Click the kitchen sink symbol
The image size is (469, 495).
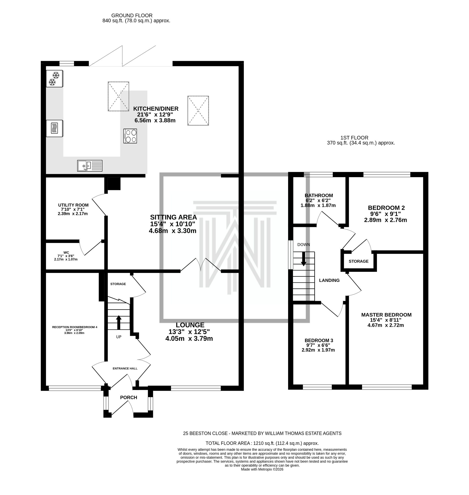click(90, 166)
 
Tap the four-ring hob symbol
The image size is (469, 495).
click(130, 136)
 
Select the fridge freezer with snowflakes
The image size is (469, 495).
click(54, 79)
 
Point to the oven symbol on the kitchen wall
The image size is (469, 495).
click(54, 128)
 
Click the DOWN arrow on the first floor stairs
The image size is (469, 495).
click(303, 258)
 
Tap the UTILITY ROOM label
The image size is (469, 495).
click(73, 205)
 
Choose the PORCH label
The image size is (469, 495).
click(128, 397)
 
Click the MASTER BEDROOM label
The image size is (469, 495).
click(386, 315)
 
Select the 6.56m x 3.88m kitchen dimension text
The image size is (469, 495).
click(155, 120)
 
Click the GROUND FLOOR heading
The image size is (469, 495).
click(132, 16)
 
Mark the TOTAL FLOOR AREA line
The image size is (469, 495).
click(262, 443)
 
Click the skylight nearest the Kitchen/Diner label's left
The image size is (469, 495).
click(118, 96)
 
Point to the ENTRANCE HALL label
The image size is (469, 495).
click(125, 368)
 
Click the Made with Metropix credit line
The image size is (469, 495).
click(262, 470)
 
